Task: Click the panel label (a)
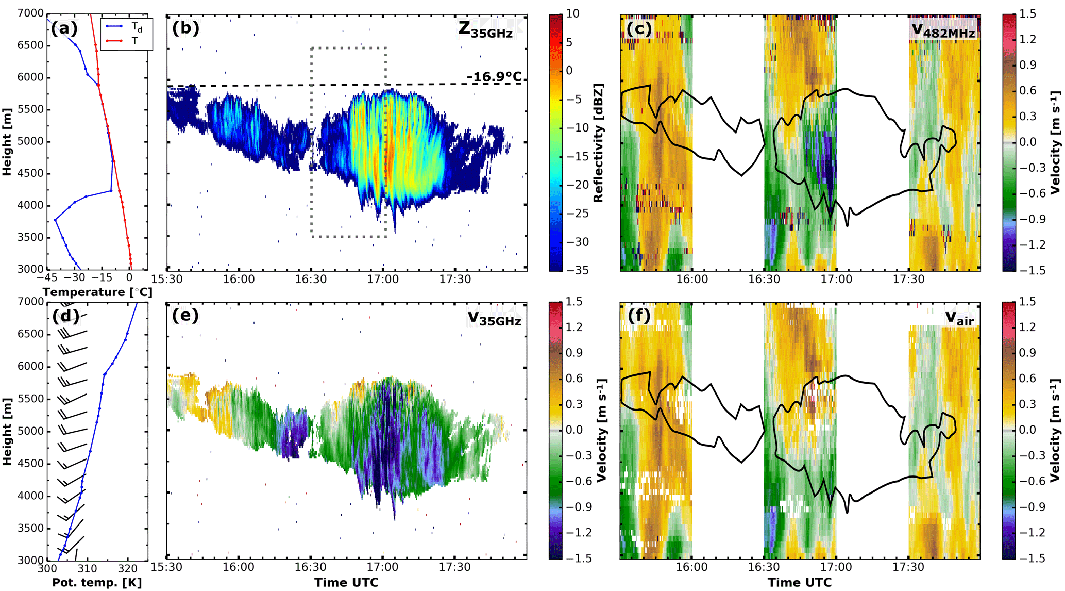(64, 28)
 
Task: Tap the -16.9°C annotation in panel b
(494, 77)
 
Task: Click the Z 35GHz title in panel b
(485, 30)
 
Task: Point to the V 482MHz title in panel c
(943, 31)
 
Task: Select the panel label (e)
(185, 315)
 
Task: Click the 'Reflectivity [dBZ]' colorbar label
(598, 142)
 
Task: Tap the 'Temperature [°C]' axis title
(97, 292)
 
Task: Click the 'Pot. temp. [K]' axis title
(97, 583)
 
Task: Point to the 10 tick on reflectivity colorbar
(572, 14)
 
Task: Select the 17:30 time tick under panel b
(455, 280)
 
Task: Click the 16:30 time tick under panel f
(764, 567)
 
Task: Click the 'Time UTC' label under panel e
(346, 583)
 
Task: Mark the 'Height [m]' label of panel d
(7, 431)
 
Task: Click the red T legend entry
(134, 41)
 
